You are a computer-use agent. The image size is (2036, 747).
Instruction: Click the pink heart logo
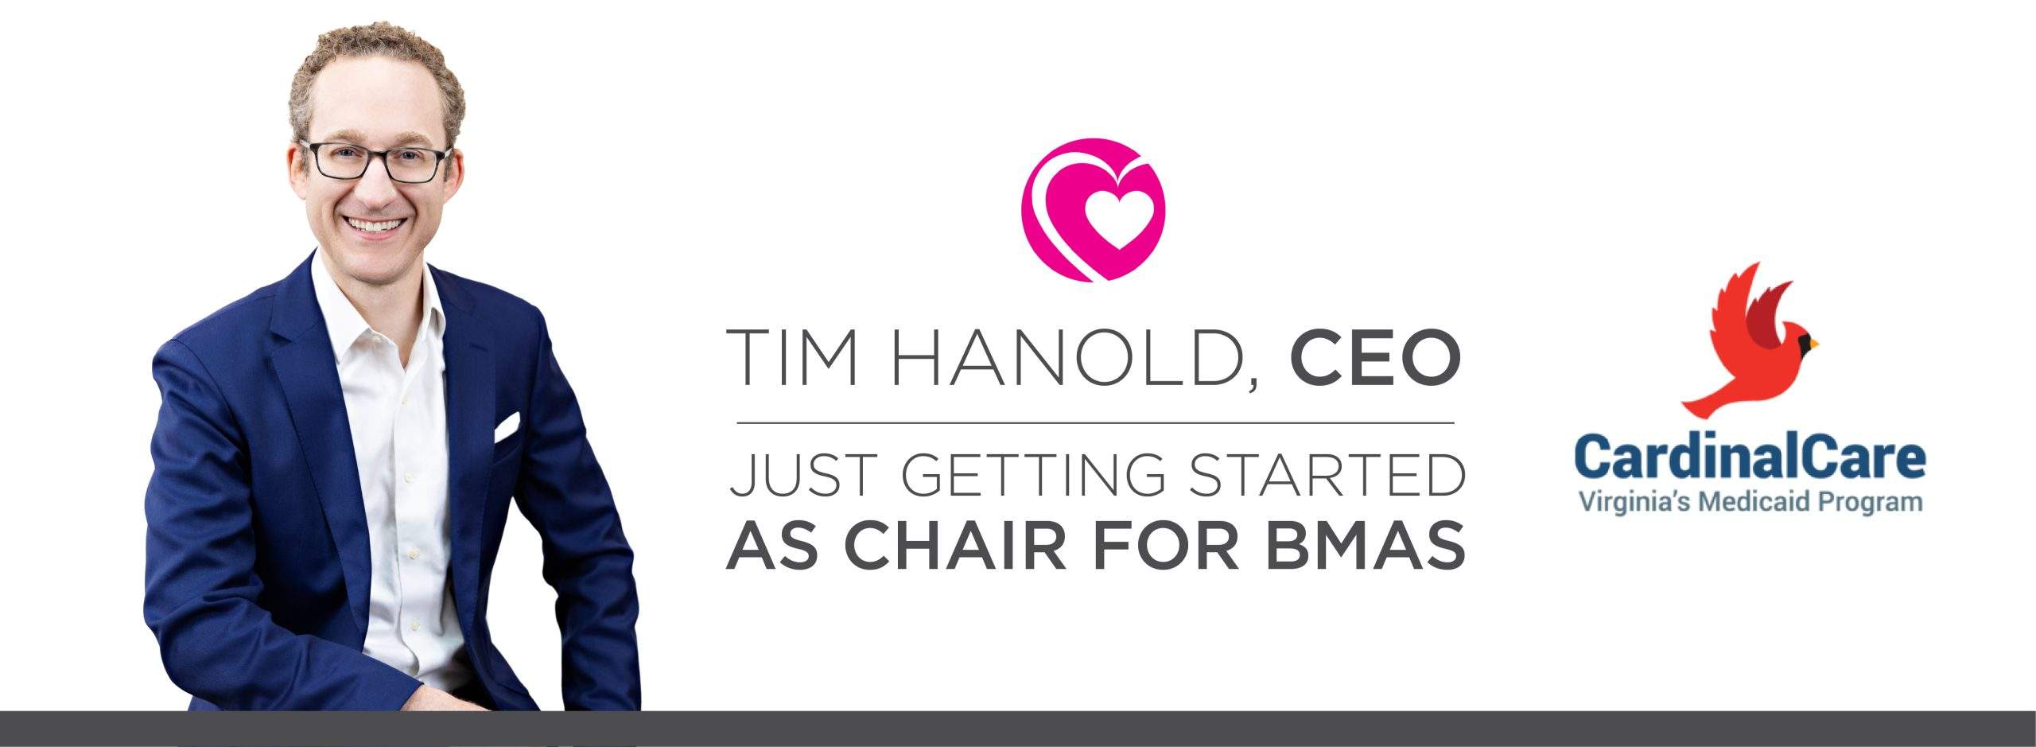coord(1092,210)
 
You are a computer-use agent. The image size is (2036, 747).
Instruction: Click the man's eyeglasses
coord(374,161)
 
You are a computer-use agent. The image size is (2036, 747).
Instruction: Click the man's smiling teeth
coord(377,225)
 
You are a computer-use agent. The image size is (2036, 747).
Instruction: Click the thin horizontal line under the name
coord(1095,423)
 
